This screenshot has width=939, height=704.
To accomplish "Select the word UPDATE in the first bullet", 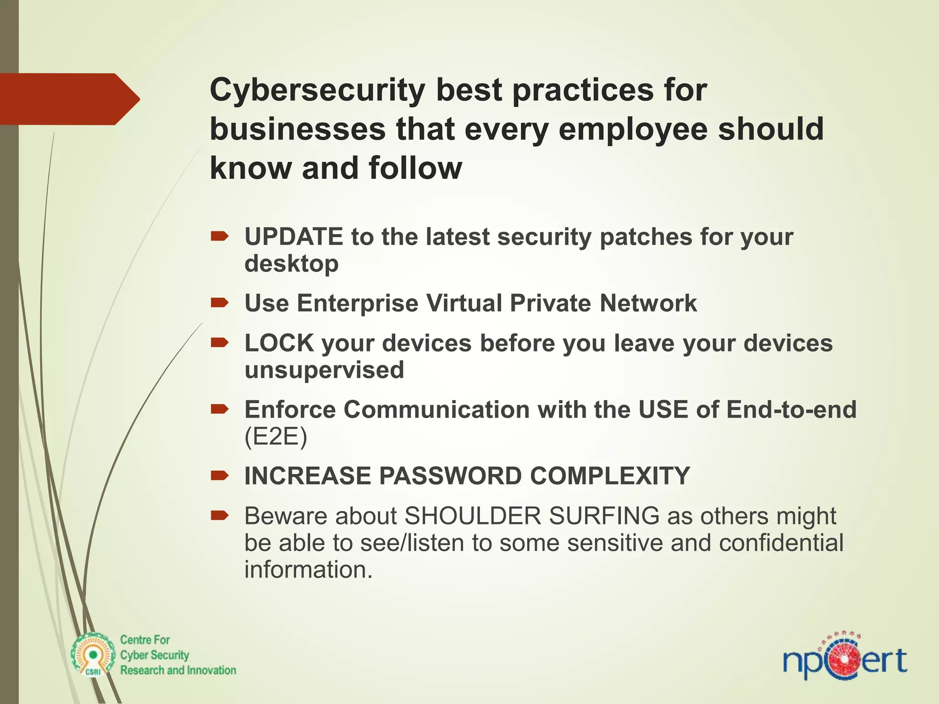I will (293, 237).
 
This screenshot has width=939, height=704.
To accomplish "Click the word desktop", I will (291, 264).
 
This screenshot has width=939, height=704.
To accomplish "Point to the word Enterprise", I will (357, 303).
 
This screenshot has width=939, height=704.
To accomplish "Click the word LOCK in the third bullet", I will (279, 343).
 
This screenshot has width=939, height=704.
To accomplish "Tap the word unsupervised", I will (324, 370).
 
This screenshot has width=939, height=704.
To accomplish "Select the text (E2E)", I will (276, 436).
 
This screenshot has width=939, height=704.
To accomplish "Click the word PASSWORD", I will (450, 476).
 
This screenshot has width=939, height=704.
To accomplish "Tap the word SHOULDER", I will (473, 516).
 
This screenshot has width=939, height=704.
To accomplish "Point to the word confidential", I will (781, 543).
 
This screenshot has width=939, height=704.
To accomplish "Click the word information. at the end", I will (308, 570).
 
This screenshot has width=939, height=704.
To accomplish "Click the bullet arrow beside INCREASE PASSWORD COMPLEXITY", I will (219, 476).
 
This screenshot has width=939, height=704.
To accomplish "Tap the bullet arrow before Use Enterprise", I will (219, 302).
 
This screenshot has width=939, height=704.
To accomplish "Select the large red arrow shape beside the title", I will (69, 99).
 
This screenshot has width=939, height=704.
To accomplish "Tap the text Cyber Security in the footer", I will (154, 655).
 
